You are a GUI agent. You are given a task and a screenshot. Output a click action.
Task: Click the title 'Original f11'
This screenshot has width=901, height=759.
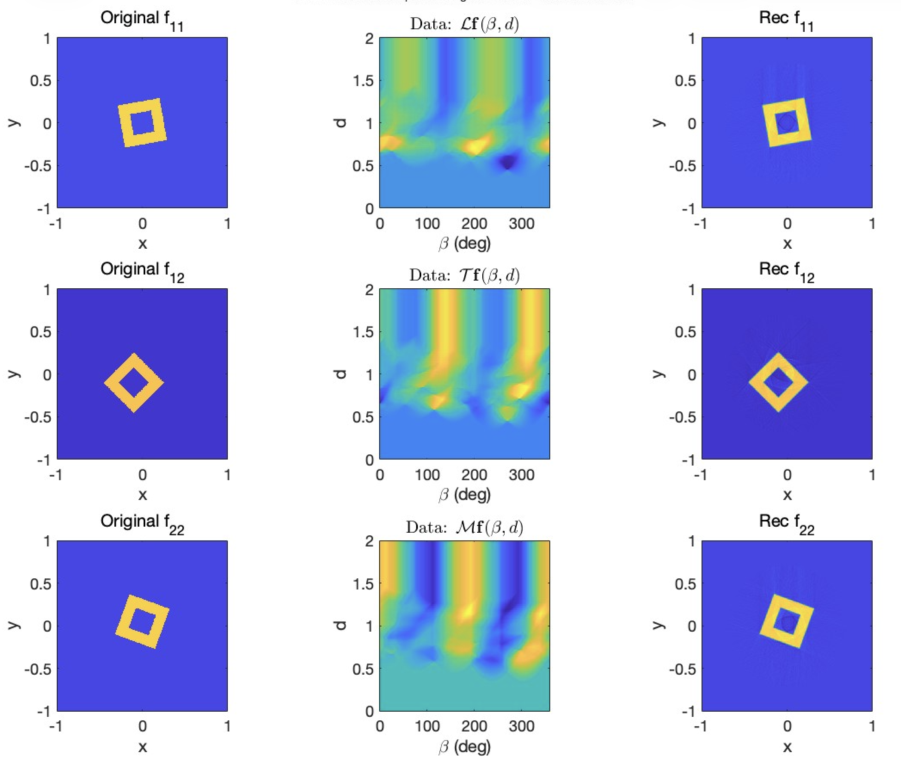pos(142,20)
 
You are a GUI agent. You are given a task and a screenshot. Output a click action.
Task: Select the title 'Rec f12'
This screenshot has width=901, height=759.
pos(787,272)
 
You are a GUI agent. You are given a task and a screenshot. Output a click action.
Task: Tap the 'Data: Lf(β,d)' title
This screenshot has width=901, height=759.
pos(465,24)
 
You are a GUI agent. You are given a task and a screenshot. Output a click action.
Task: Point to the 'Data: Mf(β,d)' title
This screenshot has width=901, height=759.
pos(465,528)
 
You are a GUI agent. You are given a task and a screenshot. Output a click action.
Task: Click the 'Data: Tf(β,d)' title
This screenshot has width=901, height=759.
pos(465,275)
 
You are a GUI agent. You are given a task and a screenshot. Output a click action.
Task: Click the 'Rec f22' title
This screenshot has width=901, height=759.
pos(787,524)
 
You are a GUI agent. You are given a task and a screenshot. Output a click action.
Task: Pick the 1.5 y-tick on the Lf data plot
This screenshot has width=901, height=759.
pos(364,81)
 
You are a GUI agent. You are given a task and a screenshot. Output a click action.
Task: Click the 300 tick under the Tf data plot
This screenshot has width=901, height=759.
pos(521,475)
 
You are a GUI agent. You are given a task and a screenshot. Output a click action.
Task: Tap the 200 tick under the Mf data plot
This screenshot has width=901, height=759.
pos(474,726)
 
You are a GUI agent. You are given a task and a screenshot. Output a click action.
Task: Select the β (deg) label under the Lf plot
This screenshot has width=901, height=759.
pos(465,244)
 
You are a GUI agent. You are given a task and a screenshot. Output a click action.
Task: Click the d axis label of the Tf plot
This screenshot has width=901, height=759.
pos(340,374)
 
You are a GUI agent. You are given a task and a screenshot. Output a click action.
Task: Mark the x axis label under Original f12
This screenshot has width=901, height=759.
pos(142,495)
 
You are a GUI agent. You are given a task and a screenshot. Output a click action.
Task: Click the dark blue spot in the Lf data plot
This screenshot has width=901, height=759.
pos(508,163)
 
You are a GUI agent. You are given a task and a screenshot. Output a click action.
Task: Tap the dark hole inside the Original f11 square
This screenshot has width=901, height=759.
pos(142,123)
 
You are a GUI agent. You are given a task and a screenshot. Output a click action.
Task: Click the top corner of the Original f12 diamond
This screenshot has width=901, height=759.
pos(134,353)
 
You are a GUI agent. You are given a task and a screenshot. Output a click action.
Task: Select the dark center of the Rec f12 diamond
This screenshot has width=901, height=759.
pos(778,383)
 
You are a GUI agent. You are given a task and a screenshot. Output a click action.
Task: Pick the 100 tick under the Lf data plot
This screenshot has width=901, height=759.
pos(427,224)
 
